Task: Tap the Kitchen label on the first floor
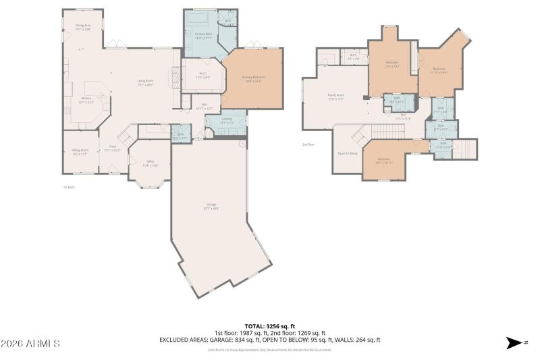[x=86, y=101]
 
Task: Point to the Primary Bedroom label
[x=254, y=79]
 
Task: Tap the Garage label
[x=212, y=206]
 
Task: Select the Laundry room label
[x=227, y=122]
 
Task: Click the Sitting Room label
[x=80, y=153]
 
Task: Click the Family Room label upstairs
[x=336, y=97]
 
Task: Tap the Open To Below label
[x=348, y=153]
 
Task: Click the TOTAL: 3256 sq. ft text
[x=270, y=327]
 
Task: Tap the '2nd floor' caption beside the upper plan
[x=309, y=144]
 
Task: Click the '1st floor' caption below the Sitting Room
[x=67, y=187]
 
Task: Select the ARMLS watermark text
[x=30, y=344]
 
